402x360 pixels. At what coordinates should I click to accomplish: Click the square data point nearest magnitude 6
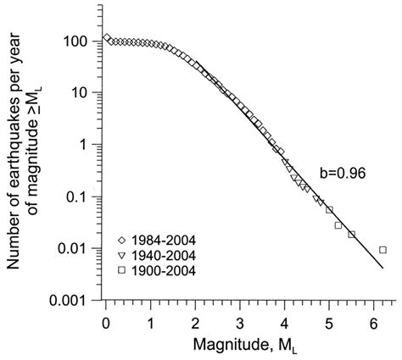[383, 250]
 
